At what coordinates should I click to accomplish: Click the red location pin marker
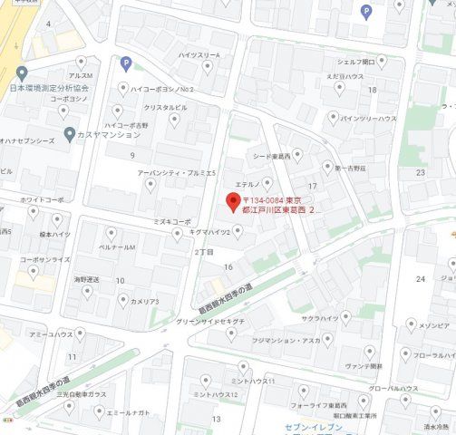click(x=231, y=200)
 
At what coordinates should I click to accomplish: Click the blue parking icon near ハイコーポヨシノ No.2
click(x=126, y=63)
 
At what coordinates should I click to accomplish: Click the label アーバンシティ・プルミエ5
click(x=177, y=172)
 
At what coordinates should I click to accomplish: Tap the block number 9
click(x=132, y=156)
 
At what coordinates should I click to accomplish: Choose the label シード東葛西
click(x=272, y=156)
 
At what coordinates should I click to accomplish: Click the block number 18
click(x=372, y=90)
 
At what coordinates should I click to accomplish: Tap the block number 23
click(x=420, y=172)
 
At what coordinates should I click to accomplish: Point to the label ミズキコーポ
click(x=171, y=221)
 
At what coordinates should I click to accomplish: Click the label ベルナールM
click(x=117, y=246)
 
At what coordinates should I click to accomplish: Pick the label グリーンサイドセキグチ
click(x=210, y=321)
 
